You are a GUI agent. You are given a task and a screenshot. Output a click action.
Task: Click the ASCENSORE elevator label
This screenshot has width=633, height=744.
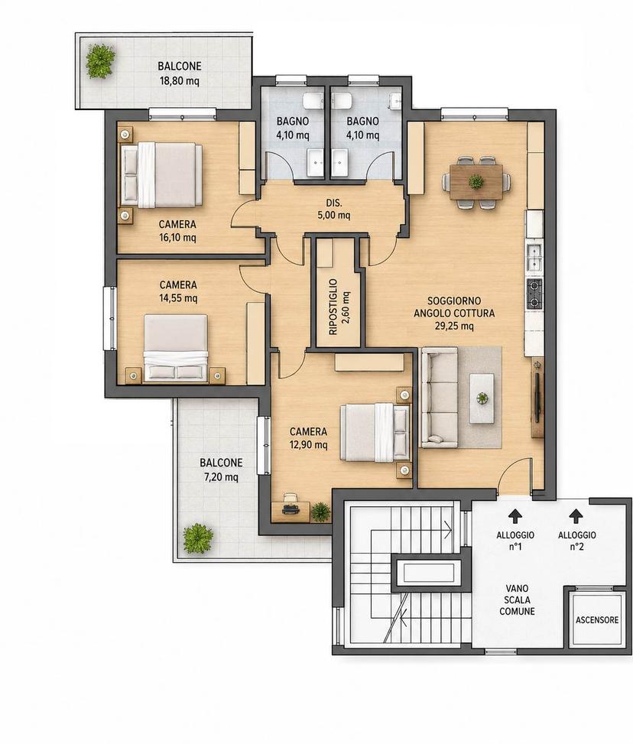pos(597,619)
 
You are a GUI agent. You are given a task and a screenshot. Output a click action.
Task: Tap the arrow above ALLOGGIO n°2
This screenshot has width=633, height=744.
pos(576,516)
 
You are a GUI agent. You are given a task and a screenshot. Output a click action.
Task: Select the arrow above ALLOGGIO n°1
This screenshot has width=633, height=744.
pos(515,516)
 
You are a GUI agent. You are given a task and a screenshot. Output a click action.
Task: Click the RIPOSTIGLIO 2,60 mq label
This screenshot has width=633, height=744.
pos(339,307)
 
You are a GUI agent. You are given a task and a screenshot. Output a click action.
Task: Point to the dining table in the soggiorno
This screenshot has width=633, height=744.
pos(476,182)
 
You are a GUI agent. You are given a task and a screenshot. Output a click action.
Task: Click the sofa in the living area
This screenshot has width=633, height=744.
pos(440,397)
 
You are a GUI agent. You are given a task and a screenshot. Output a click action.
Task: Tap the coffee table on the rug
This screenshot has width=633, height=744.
pos(482,398)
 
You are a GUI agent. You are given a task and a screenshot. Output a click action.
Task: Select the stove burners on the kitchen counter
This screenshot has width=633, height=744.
pos(534,293)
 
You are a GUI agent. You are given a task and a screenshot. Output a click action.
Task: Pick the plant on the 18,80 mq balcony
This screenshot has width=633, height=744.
pos(100,60)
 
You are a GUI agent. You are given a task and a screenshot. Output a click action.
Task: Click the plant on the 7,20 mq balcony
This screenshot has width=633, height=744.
pos(198,538)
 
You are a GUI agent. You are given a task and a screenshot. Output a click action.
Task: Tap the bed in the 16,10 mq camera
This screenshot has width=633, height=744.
pos(162,175)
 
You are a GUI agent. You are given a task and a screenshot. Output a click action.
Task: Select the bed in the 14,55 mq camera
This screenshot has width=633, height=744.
pos(176,348)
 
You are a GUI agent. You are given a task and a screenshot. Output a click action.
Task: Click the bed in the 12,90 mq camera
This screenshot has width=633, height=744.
pos(375,432)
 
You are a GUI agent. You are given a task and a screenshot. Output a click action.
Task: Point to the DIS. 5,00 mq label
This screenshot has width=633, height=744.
pos(333,209)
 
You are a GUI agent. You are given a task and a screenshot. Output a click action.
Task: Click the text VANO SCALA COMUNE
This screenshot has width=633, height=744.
pos(517,599)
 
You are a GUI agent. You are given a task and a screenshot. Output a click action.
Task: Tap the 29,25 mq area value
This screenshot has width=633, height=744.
pos(454,326)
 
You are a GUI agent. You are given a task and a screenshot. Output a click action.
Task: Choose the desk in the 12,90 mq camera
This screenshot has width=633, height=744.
pos(291,512)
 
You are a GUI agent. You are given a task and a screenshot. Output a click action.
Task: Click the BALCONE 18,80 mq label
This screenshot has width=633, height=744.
pos(180,73)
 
